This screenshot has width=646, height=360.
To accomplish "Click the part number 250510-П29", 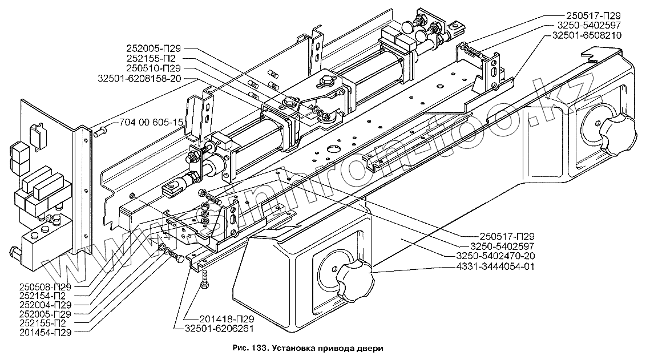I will tap(154, 68).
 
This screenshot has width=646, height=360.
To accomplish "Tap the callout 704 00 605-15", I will tap(151, 123).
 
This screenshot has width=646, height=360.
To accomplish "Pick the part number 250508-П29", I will tap(46, 287).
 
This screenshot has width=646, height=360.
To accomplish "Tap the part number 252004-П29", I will tap(46, 305).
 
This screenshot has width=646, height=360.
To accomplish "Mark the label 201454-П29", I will tap(46, 333).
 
